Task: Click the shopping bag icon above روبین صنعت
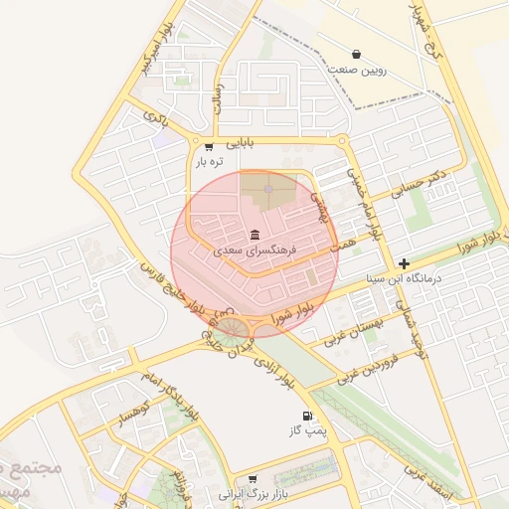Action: (x=356, y=54)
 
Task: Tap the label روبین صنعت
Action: (x=356, y=72)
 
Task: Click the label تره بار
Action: (x=209, y=161)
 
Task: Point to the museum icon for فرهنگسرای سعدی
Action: (x=255, y=235)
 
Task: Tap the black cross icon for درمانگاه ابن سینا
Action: (x=404, y=263)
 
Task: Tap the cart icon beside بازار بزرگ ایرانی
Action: (x=253, y=479)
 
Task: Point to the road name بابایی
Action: (x=240, y=142)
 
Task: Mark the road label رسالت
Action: (x=218, y=97)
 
